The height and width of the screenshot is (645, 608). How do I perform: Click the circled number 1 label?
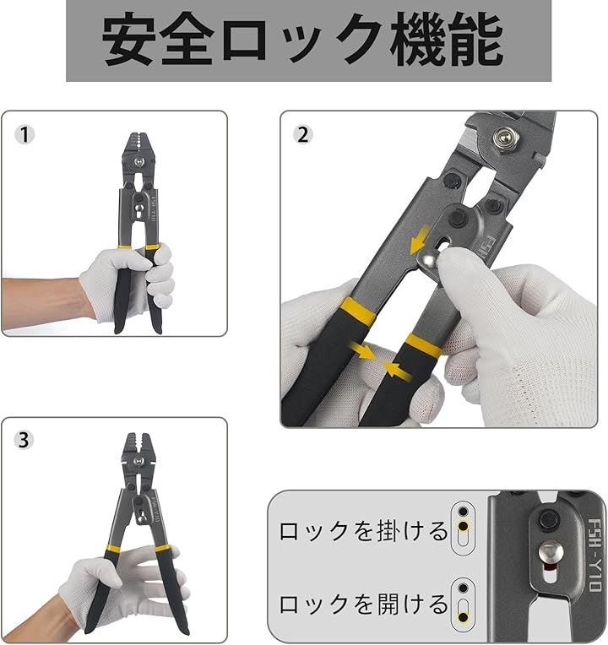click(x=24, y=135)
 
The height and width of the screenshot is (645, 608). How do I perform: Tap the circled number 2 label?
click(x=303, y=134)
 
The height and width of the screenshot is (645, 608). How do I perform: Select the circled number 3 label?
click(x=24, y=440)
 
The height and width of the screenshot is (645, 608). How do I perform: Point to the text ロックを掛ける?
click(x=364, y=531)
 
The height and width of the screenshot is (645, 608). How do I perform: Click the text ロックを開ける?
click(x=364, y=604)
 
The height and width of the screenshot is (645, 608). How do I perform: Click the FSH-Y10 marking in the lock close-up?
click(x=594, y=555)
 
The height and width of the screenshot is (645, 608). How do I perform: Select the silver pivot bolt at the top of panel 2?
click(x=503, y=138)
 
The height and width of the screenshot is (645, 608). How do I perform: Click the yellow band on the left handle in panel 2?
click(x=358, y=310)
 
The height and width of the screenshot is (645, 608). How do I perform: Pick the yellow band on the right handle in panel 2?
click(x=424, y=345)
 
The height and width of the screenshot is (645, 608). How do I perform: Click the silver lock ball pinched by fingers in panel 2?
click(x=430, y=259)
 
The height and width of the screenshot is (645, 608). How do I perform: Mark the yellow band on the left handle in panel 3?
click(x=113, y=548)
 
